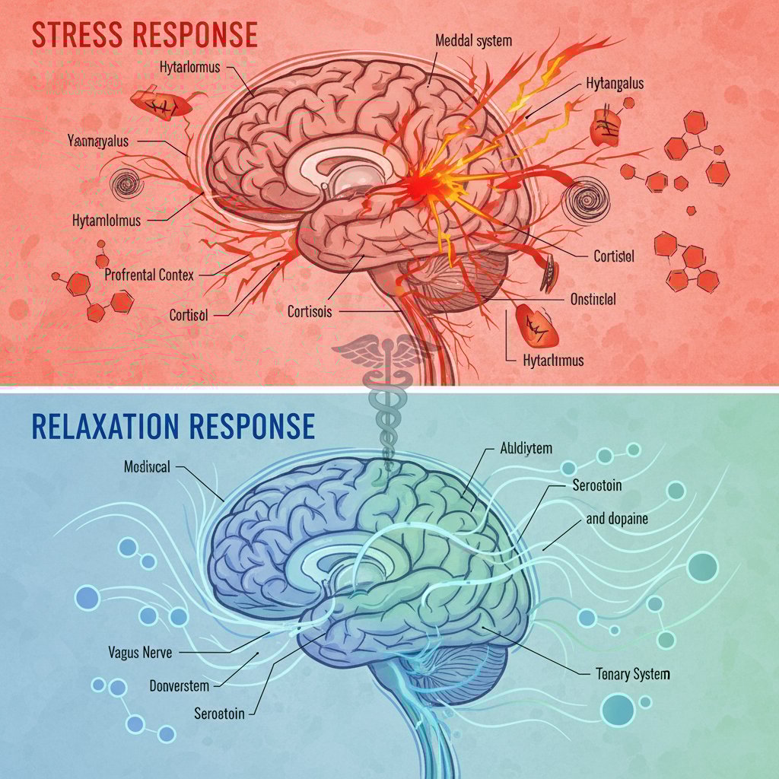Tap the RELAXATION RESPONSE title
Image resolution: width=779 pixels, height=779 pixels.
click(173, 426)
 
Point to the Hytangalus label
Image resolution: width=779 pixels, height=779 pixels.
click(615, 83)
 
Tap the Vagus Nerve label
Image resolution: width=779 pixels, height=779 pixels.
click(141, 652)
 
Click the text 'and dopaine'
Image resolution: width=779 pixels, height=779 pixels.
click(617, 519)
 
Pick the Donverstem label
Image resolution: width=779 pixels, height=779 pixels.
click(179, 685)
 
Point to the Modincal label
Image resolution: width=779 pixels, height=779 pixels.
click(147, 466)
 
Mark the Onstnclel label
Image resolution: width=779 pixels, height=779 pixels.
click(593, 299)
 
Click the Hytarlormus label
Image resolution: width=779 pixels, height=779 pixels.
click(189, 67)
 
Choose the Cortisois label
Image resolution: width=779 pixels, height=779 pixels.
click(310, 311)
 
